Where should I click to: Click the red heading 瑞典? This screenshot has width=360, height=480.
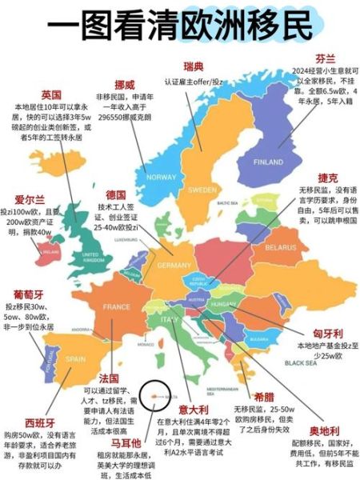(x=194, y=65)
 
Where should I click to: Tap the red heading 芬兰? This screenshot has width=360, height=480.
(x=324, y=58)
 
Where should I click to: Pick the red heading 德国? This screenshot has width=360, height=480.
(x=116, y=194)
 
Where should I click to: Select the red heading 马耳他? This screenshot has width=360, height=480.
(x=126, y=442)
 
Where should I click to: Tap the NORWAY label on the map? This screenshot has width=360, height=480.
(x=161, y=177)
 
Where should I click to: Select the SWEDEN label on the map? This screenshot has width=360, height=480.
(x=202, y=190)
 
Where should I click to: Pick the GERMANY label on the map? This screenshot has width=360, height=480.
(x=174, y=265)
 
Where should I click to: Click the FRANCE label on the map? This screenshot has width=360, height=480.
(x=117, y=306)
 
